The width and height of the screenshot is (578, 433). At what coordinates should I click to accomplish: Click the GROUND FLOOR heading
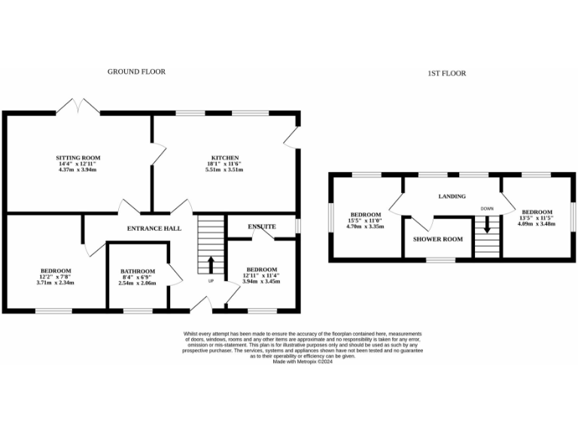coord(135,72)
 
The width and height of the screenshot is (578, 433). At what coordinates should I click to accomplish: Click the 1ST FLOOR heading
coord(447,74)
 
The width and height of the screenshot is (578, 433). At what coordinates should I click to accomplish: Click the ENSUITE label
coord(262,226)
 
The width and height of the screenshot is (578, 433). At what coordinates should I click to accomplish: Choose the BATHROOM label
coord(138,271)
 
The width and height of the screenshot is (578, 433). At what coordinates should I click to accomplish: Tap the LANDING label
coord(453,197)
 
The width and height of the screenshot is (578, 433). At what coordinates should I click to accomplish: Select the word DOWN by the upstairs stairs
coord(488,209)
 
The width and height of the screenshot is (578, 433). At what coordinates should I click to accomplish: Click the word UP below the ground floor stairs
coord(210,281)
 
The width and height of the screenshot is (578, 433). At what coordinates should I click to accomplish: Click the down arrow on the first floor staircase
coord(488,225)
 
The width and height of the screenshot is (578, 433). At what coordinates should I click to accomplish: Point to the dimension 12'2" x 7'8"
coord(56,277)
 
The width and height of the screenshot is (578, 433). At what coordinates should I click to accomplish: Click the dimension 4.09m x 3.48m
coord(537,224)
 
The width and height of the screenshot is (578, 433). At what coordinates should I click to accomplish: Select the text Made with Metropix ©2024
coord(303,362)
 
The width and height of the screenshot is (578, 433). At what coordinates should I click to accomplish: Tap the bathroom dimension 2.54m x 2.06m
coord(138,283)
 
